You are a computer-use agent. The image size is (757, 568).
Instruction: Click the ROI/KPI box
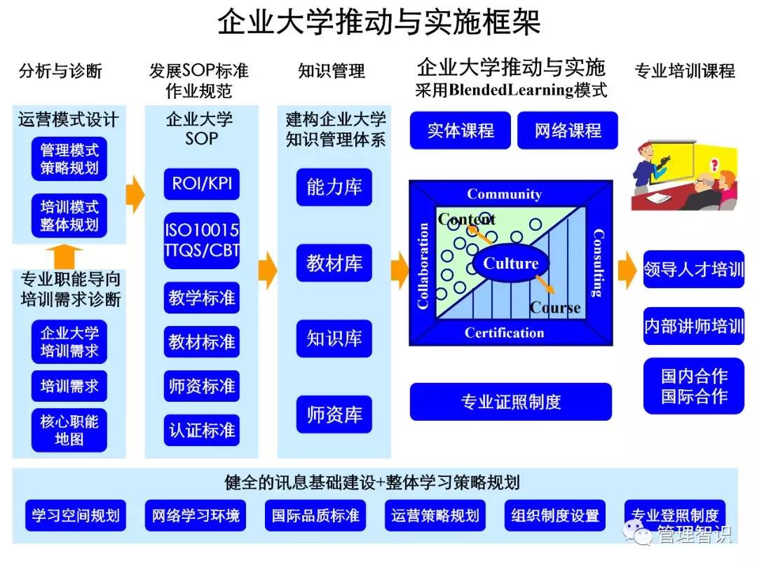202,184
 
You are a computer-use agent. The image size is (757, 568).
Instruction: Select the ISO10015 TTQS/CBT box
202,241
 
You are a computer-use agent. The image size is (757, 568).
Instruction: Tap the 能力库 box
334,187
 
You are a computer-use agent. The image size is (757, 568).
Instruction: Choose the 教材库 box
334,264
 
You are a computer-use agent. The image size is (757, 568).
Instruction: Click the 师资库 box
334,414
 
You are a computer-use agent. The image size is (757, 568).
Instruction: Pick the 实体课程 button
461,130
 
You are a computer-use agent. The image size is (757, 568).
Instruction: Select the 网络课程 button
568,130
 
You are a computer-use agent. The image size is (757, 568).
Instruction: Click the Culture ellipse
511,264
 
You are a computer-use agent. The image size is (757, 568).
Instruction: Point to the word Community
504,194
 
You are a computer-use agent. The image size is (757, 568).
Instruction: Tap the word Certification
504,333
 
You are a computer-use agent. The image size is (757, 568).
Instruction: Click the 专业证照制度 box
510,402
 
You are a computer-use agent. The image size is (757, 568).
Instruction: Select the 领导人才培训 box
694,269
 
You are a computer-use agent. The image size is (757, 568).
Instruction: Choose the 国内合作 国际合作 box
694,386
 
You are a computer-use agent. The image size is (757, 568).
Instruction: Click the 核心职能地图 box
69,430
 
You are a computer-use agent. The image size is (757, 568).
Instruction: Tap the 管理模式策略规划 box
69,159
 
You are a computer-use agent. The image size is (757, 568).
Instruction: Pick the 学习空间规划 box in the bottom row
76,517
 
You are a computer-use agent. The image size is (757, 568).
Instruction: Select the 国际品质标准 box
315,517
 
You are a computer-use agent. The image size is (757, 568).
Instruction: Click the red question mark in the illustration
714,165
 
